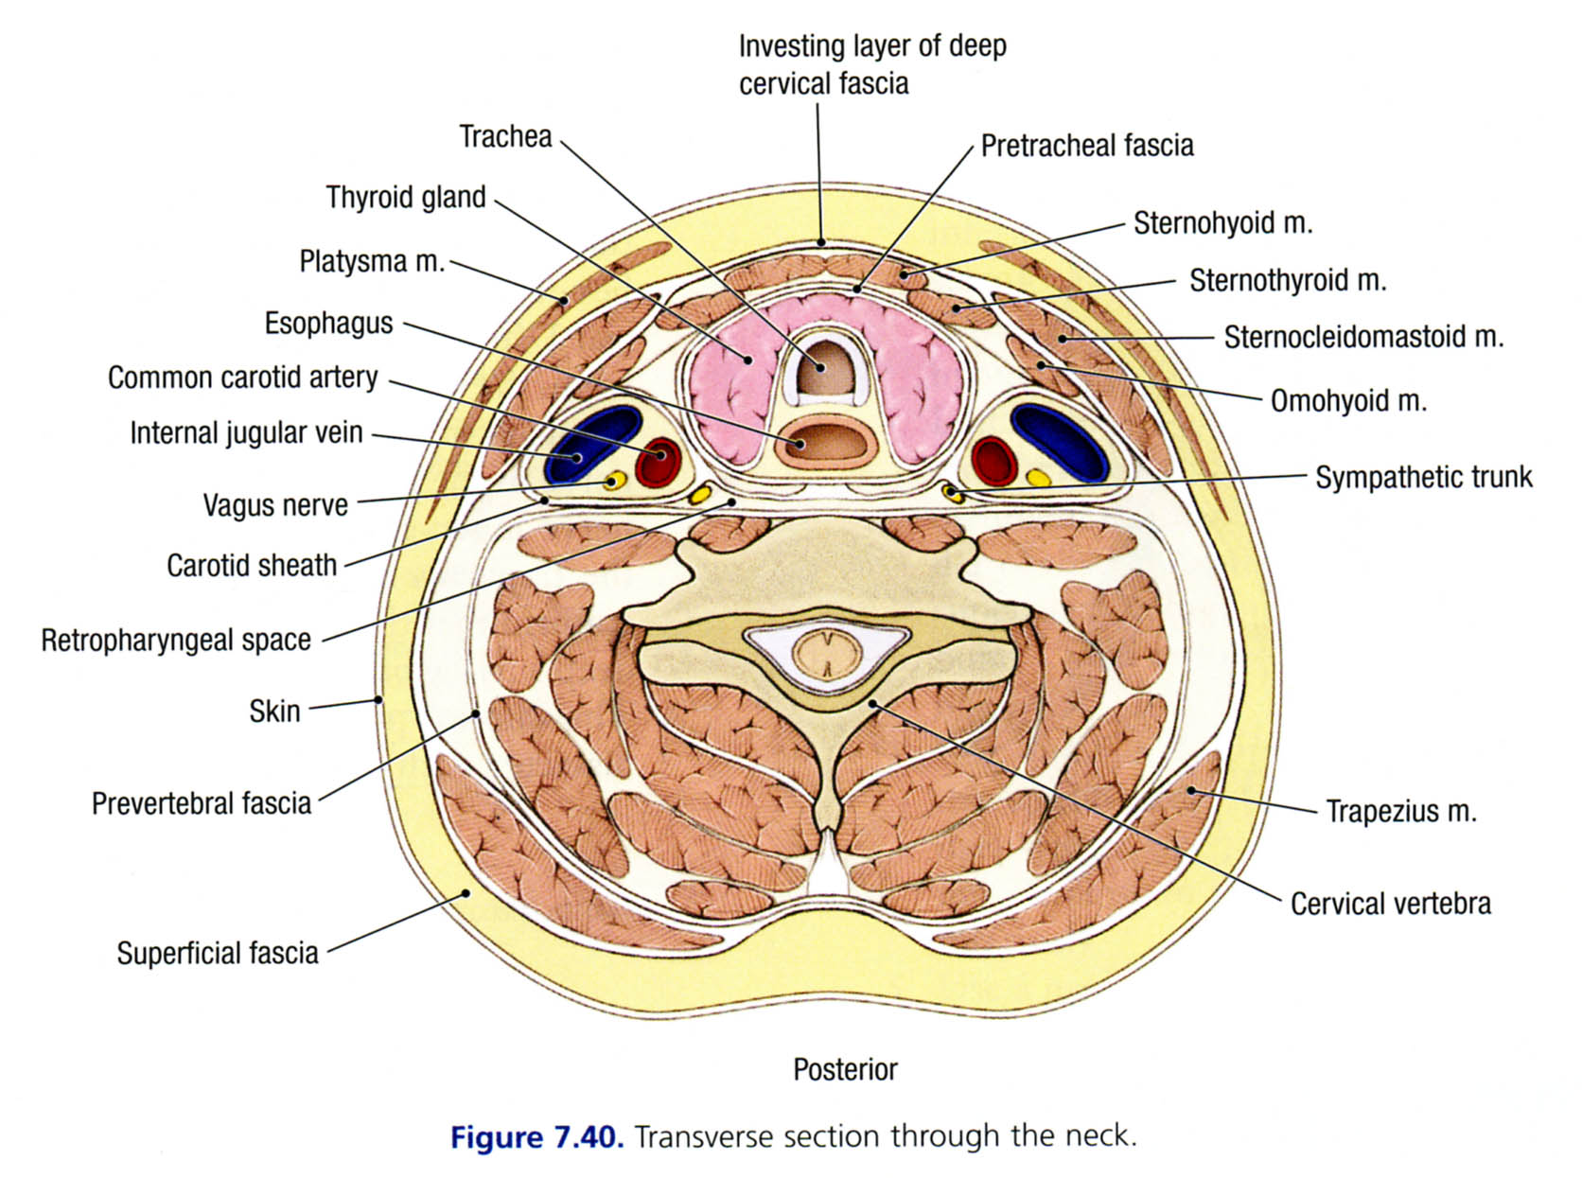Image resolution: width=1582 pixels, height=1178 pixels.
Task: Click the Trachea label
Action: click(x=505, y=137)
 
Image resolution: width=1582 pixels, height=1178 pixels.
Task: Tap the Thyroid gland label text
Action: click(x=405, y=198)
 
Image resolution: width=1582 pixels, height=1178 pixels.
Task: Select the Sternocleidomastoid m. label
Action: click(x=1362, y=338)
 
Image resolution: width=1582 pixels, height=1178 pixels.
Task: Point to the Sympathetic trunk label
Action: click(x=1423, y=478)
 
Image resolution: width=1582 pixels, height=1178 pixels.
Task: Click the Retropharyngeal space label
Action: click(x=176, y=641)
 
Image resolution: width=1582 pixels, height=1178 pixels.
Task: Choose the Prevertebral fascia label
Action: click(x=201, y=804)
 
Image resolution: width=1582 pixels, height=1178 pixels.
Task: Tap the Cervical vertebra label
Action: click(x=1390, y=905)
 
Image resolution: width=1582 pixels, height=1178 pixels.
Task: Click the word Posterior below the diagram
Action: click(x=845, y=1070)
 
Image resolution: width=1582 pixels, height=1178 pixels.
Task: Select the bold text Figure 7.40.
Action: click(x=536, y=1136)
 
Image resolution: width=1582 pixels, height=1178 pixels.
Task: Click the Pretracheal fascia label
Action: click(x=1086, y=146)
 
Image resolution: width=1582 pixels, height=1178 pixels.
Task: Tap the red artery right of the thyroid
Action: click(x=993, y=461)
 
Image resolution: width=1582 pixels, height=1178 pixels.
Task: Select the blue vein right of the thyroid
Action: click(x=1060, y=440)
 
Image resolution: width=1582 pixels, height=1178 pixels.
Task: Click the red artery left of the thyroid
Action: click(x=659, y=462)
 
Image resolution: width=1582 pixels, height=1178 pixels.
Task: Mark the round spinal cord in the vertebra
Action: click(x=826, y=654)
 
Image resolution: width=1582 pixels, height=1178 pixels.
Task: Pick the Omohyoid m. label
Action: click(x=1347, y=401)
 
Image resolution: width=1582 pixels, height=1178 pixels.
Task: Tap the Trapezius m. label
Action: click(x=1400, y=812)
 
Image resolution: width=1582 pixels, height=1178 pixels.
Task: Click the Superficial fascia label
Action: click(x=217, y=953)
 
